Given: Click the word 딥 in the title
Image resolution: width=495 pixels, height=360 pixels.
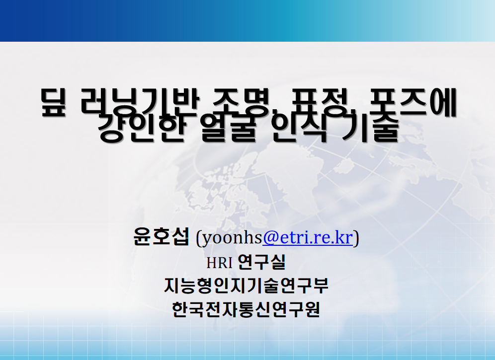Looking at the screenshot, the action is tap(53, 103).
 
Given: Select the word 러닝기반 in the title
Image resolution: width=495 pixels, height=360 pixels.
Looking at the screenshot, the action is tap(139, 102).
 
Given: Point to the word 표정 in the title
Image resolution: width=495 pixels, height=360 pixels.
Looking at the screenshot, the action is tap(317, 102).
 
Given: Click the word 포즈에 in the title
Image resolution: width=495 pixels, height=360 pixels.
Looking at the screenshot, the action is tap(412, 102).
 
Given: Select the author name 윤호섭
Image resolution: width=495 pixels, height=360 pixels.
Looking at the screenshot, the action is tap(161, 237).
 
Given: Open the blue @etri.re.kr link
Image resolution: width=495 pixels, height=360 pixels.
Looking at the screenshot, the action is tap(308, 237).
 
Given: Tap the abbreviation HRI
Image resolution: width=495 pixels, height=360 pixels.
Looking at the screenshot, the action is tap(219, 263).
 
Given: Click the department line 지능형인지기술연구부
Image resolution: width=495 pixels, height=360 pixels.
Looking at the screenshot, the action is tap(247, 286).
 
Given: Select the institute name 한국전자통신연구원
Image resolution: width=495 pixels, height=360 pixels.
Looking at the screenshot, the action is tap(246, 309).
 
